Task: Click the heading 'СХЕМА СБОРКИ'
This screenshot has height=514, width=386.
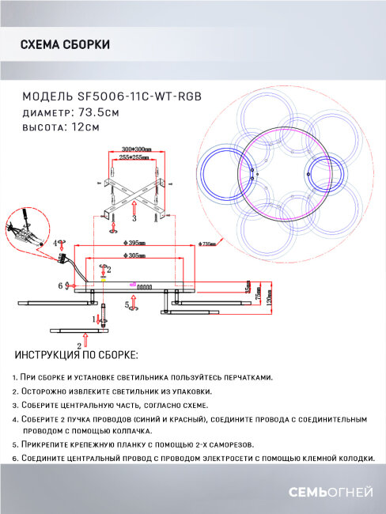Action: pyautogui.click(x=64, y=44)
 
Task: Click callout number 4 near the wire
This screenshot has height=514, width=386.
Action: pyautogui.click(x=56, y=244)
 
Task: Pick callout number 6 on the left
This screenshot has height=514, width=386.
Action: pyautogui.click(x=59, y=285)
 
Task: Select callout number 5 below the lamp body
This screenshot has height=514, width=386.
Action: pyautogui.click(x=127, y=304)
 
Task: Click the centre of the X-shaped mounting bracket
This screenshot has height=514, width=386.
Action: pyautogui.click(x=135, y=188)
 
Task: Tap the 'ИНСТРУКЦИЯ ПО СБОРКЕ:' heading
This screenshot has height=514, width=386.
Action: pyautogui.click(x=76, y=355)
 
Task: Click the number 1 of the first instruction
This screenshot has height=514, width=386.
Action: pyautogui.click(x=15, y=378)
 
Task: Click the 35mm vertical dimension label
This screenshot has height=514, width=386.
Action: pyautogui.click(x=248, y=286)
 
